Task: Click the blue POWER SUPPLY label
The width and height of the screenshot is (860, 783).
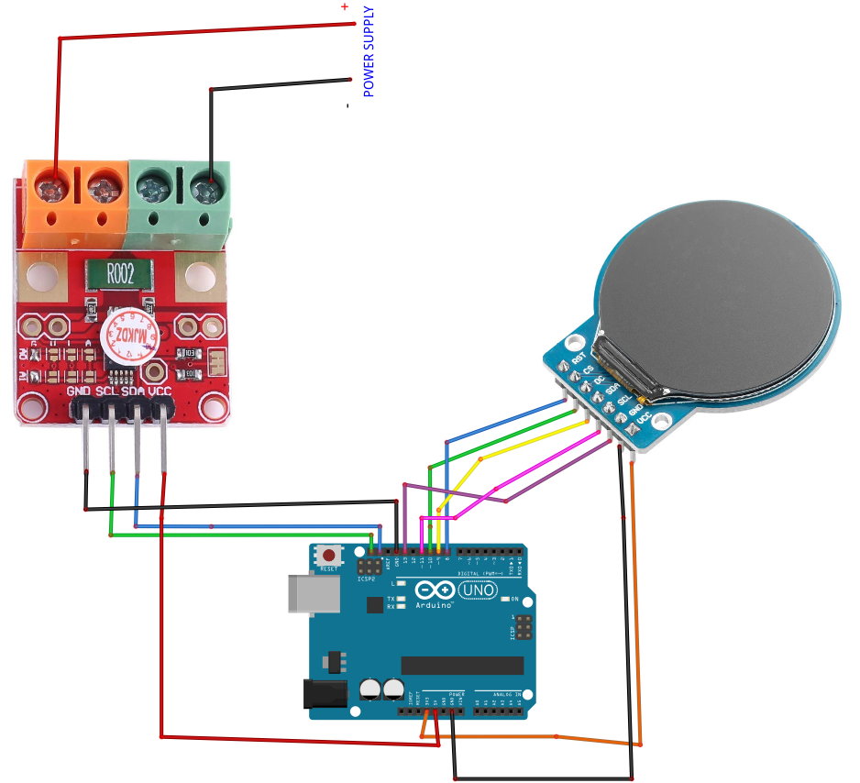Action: tap(369, 51)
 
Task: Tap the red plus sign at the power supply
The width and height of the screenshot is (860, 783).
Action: tap(345, 6)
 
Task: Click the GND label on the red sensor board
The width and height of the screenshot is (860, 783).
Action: tap(80, 391)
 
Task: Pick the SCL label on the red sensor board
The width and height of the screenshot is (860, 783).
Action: tap(107, 391)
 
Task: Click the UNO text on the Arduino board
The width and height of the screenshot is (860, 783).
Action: tap(478, 590)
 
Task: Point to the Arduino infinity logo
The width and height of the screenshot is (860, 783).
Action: tap(435, 590)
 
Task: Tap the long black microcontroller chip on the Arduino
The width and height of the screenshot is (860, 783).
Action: tap(462, 665)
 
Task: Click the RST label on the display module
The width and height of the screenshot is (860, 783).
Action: tap(578, 358)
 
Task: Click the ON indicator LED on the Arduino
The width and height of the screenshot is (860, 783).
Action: tap(502, 599)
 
